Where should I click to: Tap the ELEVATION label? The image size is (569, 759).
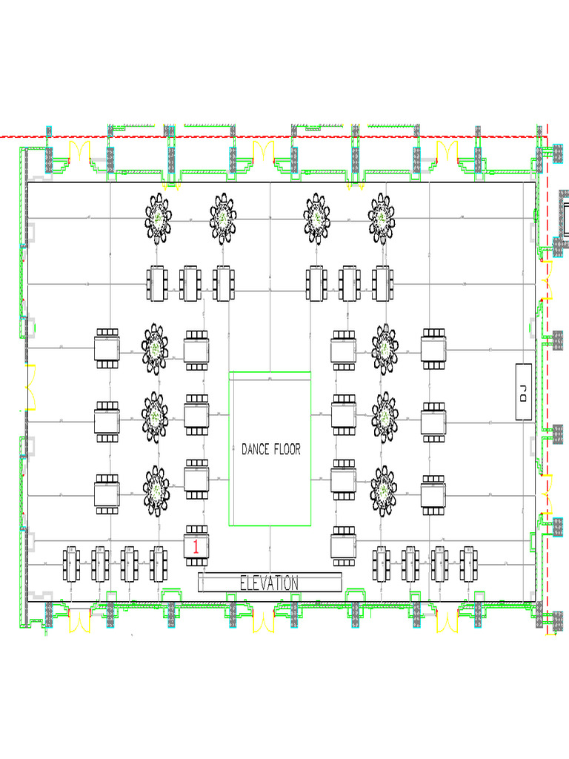[x=270, y=583]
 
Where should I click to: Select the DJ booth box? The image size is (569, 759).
[x=524, y=392]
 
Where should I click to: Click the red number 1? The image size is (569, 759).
[x=196, y=547]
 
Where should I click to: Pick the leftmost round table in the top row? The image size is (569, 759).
[x=158, y=218]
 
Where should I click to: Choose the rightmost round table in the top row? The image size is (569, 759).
[x=381, y=218]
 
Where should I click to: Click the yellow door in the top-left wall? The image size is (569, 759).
[x=79, y=153]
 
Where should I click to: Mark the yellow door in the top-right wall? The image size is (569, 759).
[x=447, y=154]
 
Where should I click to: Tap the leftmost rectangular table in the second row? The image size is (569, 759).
[x=158, y=283]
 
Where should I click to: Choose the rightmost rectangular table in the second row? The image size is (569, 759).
[x=382, y=283]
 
